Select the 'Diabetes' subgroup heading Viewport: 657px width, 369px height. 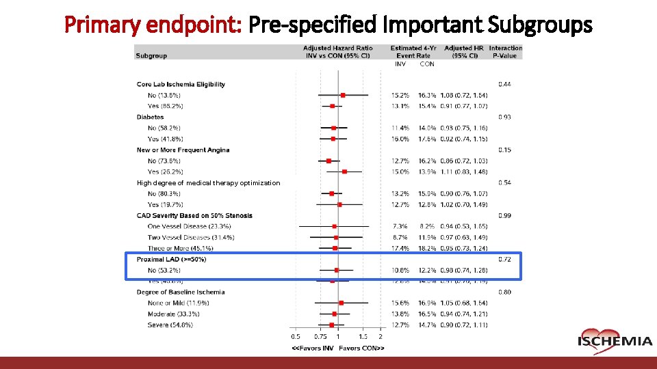(x=150, y=117)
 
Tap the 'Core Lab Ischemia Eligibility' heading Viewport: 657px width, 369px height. (x=181, y=84)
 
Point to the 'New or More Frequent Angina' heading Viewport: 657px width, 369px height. (x=183, y=150)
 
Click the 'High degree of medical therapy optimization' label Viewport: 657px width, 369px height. (x=208, y=182)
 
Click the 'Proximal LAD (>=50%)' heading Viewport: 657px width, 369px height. (x=171, y=259)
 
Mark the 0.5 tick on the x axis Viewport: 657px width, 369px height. (x=295, y=336)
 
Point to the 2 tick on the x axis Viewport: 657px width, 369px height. (x=381, y=336)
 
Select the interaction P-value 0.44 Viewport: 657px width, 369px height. (x=504, y=84)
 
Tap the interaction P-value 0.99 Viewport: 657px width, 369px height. (x=504, y=215)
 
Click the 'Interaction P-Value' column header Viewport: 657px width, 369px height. (x=505, y=51)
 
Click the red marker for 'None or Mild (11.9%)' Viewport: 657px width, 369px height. (x=342, y=303)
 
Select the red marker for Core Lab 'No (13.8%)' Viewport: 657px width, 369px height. (x=343, y=95)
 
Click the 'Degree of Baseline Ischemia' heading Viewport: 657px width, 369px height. (x=180, y=292)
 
